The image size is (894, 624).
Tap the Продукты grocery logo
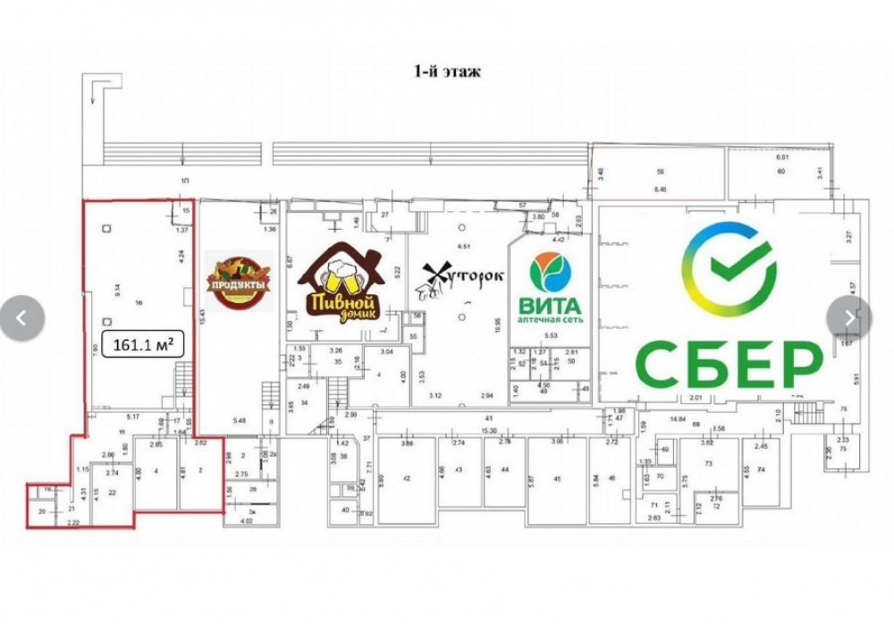click(239, 282)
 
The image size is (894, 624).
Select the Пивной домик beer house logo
click(340, 282)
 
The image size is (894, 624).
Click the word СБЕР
click(729, 362)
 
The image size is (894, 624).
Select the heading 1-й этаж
click(447, 72)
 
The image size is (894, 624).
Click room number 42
click(406, 480)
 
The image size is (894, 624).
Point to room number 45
click(557, 478)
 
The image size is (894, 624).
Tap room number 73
click(708, 464)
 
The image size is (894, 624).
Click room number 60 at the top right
click(780, 171)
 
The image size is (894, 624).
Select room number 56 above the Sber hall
click(662, 171)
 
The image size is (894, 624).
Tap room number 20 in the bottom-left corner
click(41, 511)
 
